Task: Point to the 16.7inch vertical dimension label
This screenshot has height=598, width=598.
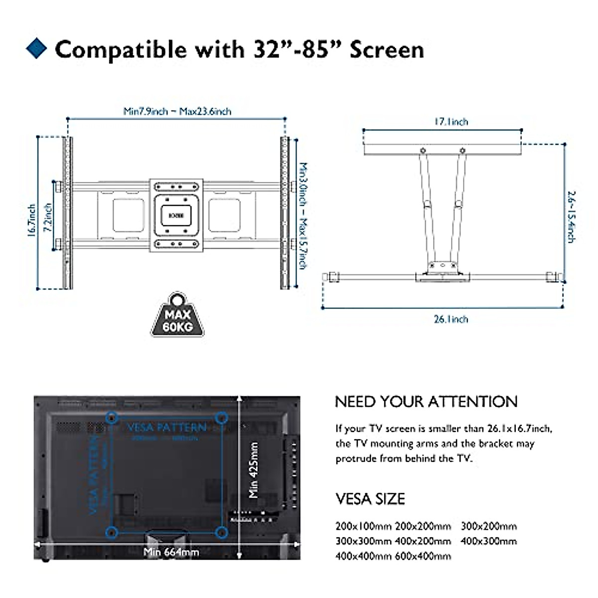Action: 32,220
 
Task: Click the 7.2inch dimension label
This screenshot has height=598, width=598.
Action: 48,218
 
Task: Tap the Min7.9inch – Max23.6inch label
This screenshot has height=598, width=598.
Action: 177,111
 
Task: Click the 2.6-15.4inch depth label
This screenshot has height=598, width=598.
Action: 571,217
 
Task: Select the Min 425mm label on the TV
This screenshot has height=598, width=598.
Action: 254,470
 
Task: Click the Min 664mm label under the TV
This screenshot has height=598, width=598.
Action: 171,552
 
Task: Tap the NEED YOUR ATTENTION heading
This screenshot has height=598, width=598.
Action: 426,402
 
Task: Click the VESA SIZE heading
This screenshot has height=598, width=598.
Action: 370,499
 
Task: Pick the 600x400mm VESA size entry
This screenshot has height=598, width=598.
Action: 423,556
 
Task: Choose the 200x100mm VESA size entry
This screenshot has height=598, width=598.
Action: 363,526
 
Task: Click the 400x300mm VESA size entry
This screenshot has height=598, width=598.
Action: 488,541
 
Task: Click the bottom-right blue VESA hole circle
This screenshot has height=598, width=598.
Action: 222,533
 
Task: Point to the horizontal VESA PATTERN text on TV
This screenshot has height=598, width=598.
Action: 166,428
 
